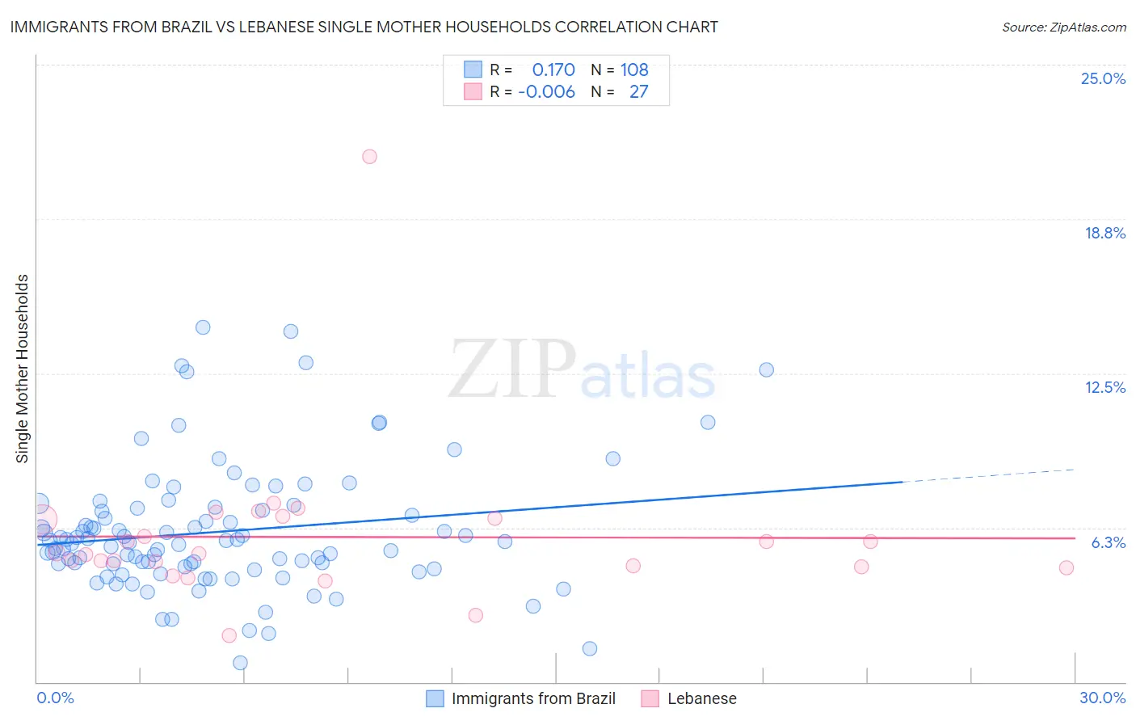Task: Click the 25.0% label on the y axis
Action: pyautogui.click(x=1103, y=78)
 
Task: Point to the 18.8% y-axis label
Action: pyautogui.click(x=1104, y=233)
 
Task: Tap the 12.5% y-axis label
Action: pyautogui.click(x=1104, y=387)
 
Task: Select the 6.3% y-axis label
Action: pyautogui.click(x=1108, y=542)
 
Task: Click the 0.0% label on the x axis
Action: pyautogui.click(x=55, y=698)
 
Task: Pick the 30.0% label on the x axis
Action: pyautogui.click(x=1102, y=698)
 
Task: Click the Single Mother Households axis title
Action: pyautogui.click(x=23, y=369)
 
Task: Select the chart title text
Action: pyautogui.click(x=364, y=27)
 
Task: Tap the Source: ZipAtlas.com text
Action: pyautogui.click(x=1063, y=27)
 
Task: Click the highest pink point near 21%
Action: pyautogui.click(x=369, y=157)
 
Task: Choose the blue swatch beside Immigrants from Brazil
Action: pyautogui.click(x=435, y=698)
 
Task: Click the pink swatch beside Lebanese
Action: pyautogui.click(x=650, y=698)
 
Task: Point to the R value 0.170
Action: pyautogui.click(x=553, y=70)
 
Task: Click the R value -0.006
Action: pyautogui.click(x=547, y=92)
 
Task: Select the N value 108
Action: pyautogui.click(x=634, y=70)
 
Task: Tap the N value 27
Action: pyautogui.click(x=638, y=92)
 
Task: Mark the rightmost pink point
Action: pyautogui.click(x=1066, y=567)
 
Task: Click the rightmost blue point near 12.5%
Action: pyautogui.click(x=766, y=369)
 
